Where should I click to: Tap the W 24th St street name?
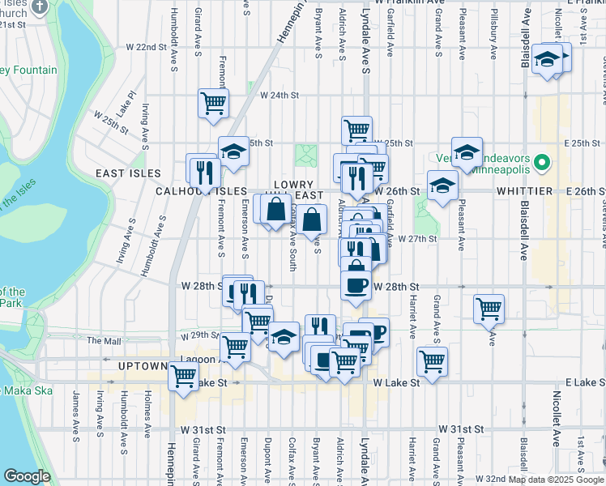[x=275, y=95]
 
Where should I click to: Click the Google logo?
[x=27, y=476]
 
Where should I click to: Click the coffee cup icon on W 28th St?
[x=355, y=284]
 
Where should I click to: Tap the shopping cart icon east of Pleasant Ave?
[x=489, y=307]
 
